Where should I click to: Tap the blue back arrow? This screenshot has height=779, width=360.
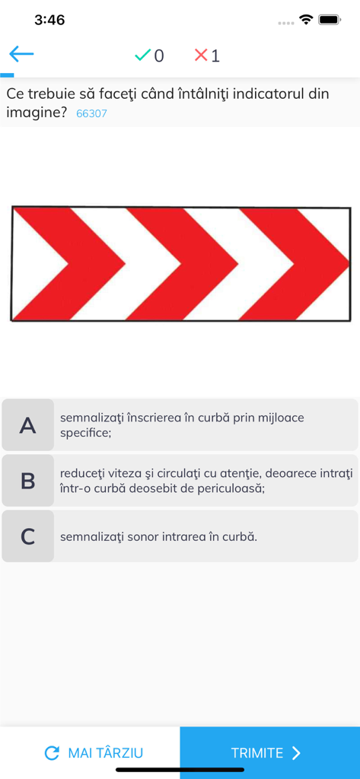pos(21,53)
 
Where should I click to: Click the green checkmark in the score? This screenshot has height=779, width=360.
pos(142,55)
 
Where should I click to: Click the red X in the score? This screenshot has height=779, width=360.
pos(201,55)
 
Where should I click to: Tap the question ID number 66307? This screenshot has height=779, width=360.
pos(91,114)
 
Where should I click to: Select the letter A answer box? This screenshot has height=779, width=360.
pos(28,425)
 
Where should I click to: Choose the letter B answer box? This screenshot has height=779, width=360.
pos(28,481)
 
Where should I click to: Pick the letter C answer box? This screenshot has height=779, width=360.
pos(28,536)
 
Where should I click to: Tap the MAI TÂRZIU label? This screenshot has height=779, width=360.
pos(105,753)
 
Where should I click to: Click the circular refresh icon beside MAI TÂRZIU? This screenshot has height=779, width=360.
pos(52,753)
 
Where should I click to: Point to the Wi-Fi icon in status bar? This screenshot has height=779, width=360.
pos(306,20)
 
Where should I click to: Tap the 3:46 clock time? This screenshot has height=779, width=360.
pos(49,20)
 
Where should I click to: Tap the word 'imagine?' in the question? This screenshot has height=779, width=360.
pos(37,113)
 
